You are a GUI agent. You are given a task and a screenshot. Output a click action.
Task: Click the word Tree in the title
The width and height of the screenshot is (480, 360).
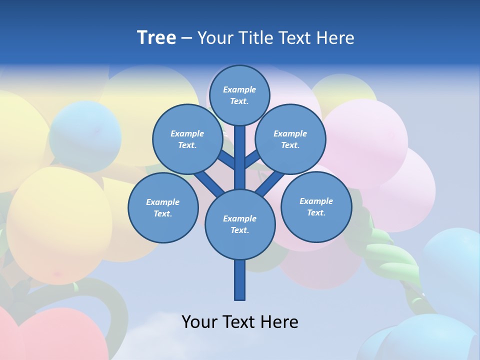(156, 38)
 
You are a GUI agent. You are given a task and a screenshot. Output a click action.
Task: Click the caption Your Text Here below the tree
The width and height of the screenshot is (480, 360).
(240, 322)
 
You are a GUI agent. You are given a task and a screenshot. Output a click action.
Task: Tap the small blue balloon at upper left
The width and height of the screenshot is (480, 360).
(85, 130)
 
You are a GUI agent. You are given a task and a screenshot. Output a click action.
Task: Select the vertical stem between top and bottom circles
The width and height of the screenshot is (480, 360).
(240, 157)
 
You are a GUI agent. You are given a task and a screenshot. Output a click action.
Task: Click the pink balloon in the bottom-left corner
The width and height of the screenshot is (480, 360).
(60, 335)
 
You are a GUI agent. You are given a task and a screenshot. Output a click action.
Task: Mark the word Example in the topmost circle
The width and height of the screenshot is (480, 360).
(239, 90)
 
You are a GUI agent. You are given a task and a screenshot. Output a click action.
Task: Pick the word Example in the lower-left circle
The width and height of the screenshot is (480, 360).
(162, 202)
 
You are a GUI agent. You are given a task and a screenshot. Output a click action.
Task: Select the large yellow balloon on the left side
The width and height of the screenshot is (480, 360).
(55, 225)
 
